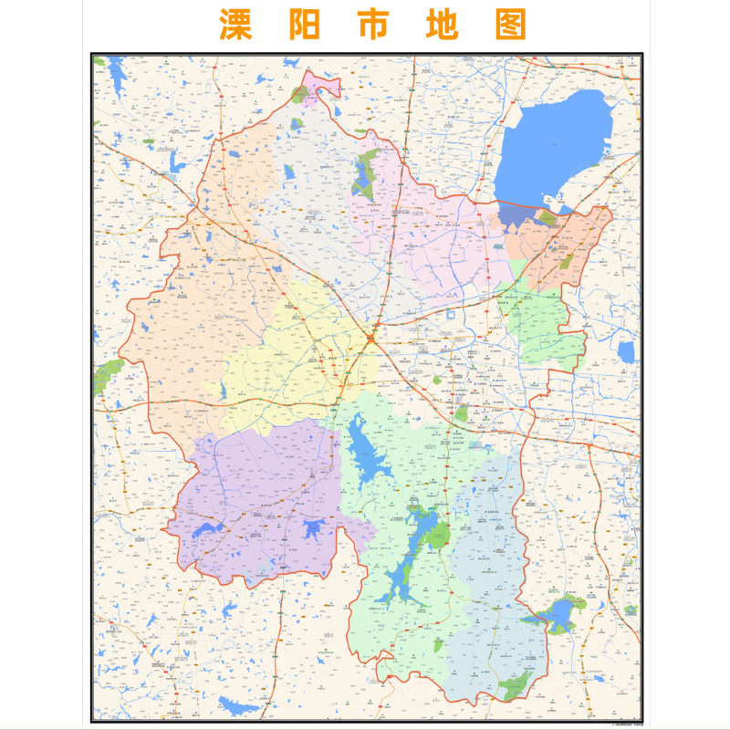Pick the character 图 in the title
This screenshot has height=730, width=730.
511,25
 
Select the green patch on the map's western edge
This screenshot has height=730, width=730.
108,375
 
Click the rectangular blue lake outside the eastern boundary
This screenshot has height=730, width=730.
626,352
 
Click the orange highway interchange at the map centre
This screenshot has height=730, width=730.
371,339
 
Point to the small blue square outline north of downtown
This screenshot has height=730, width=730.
450,314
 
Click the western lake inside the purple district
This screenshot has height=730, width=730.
206,531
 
